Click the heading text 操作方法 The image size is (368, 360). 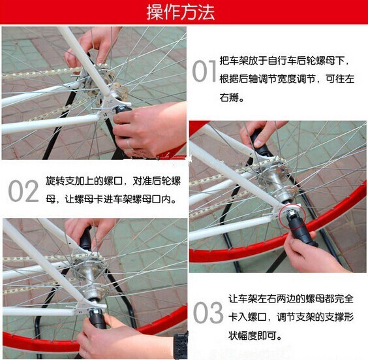coord(181,12)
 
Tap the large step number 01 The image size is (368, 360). coord(204,71)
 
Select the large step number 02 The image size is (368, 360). coord(23,191)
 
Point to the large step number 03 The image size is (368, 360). coord(208,312)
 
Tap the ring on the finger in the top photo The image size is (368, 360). coord(129,143)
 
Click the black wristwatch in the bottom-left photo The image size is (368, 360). coord(181,346)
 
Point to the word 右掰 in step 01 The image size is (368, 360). coord(232,97)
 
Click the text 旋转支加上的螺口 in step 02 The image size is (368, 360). coord(84,181)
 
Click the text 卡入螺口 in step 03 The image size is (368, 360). coord(248,318)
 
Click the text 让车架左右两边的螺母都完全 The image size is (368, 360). coord(291,299)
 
